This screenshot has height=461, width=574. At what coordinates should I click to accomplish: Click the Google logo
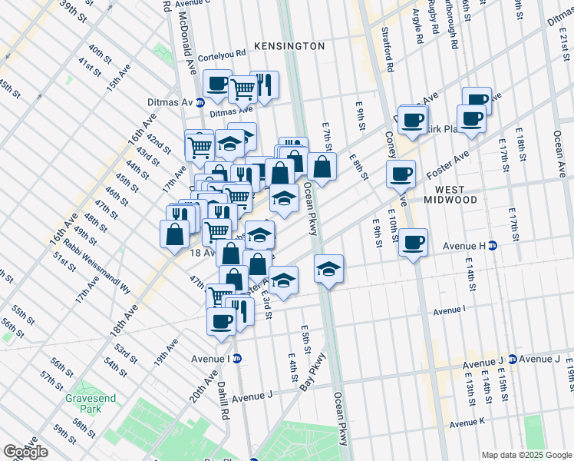(x=25, y=452)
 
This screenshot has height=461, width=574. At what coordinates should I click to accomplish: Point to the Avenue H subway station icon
(x=493, y=246)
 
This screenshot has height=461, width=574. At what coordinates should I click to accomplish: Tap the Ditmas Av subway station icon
(x=200, y=102)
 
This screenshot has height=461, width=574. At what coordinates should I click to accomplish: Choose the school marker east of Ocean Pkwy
(x=328, y=269)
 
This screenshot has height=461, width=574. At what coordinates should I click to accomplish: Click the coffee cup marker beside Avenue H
(x=413, y=243)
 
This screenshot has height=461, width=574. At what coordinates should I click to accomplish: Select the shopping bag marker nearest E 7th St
(x=322, y=166)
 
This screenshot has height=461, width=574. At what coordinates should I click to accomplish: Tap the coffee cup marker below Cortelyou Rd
(x=217, y=84)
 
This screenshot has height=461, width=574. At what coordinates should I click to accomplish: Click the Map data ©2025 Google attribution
(x=526, y=455)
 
